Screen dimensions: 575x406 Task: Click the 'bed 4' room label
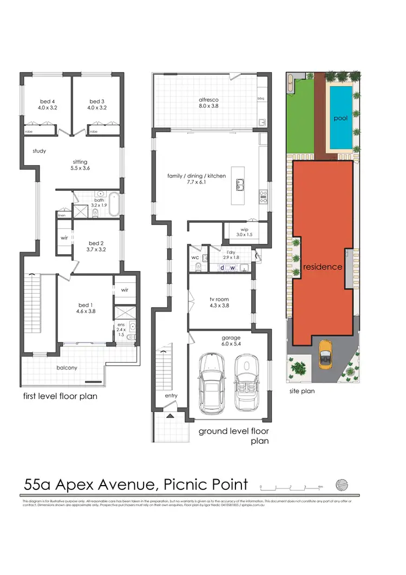[x=45, y=101]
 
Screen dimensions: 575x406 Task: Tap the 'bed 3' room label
[x=96, y=101]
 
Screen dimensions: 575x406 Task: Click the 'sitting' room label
[x=81, y=161]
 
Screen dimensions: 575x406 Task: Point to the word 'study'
[x=39, y=151]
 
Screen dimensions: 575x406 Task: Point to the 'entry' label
[x=171, y=396]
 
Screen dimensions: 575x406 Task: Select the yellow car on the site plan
[x=325, y=353]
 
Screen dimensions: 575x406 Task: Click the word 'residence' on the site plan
[x=323, y=267]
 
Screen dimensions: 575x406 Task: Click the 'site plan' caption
[x=301, y=390]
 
